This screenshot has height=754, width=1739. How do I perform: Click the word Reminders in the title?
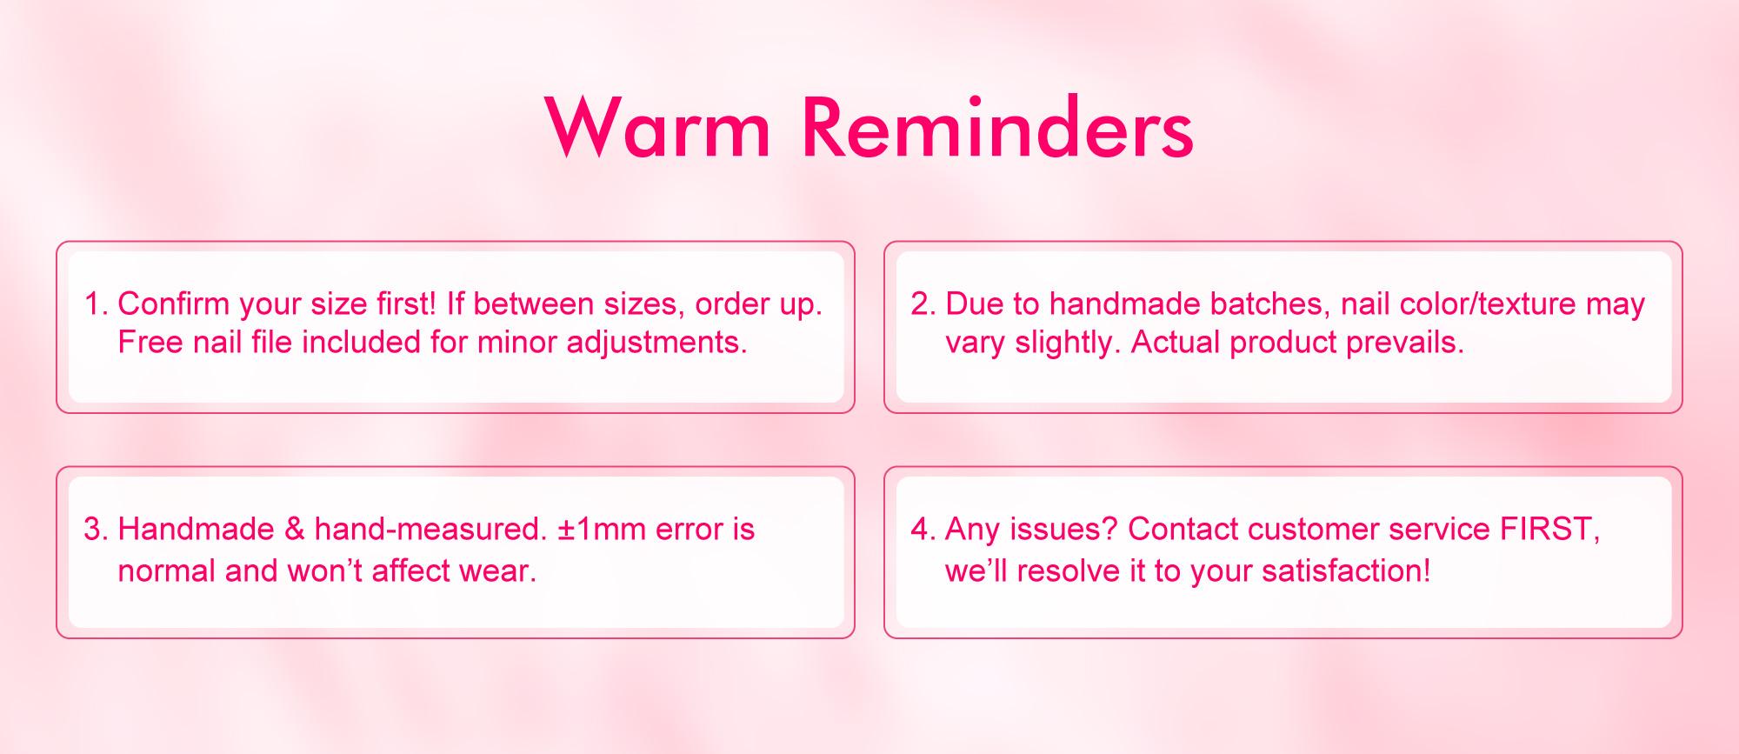point(996,128)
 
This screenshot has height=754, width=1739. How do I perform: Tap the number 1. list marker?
point(96,304)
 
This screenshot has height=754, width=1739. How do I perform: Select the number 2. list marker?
point(923,304)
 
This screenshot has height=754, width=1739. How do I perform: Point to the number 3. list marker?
point(96,529)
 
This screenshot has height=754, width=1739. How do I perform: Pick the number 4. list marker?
point(923,529)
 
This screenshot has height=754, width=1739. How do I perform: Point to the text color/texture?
point(1478,304)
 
